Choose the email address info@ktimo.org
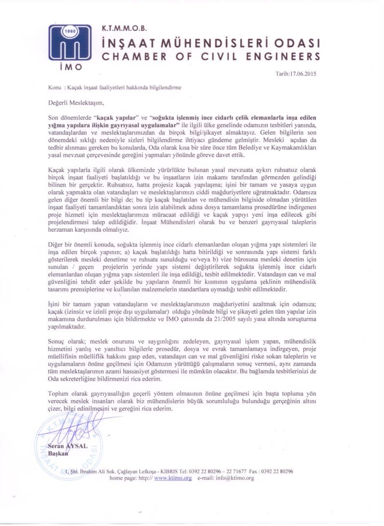235,478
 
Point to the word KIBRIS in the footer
168,471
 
